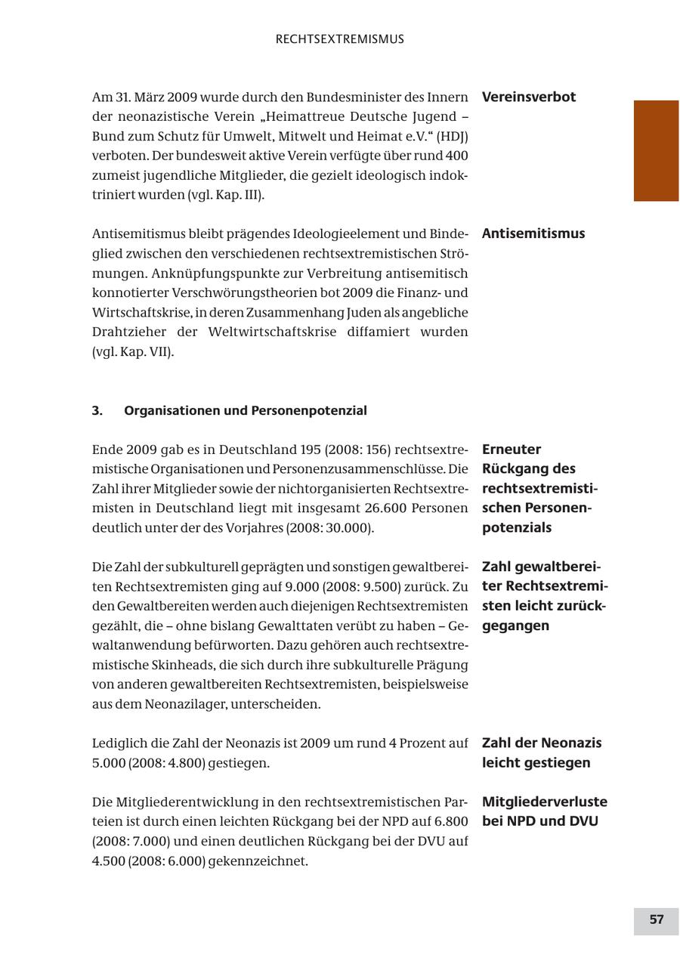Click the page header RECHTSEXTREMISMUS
(x=339, y=39)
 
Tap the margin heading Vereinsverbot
(x=528, y=97)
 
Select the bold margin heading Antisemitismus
(x=533, y=233)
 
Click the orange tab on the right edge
(x=655, y=150)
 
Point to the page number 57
(x=656, y=919)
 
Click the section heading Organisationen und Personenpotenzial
(x=245, y=411)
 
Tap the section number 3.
(x=97, y=411)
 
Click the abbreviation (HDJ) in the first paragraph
(x=453, y=136)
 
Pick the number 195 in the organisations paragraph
(x=311, y=450)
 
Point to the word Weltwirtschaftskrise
(x=272, y=332)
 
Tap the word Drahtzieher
(x=129, y=332)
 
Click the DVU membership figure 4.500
(x=108, y=860)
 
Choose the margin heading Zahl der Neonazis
(x=541, y=743)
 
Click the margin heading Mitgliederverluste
(x=544, y=802)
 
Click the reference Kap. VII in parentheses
(x=145, y=352)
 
